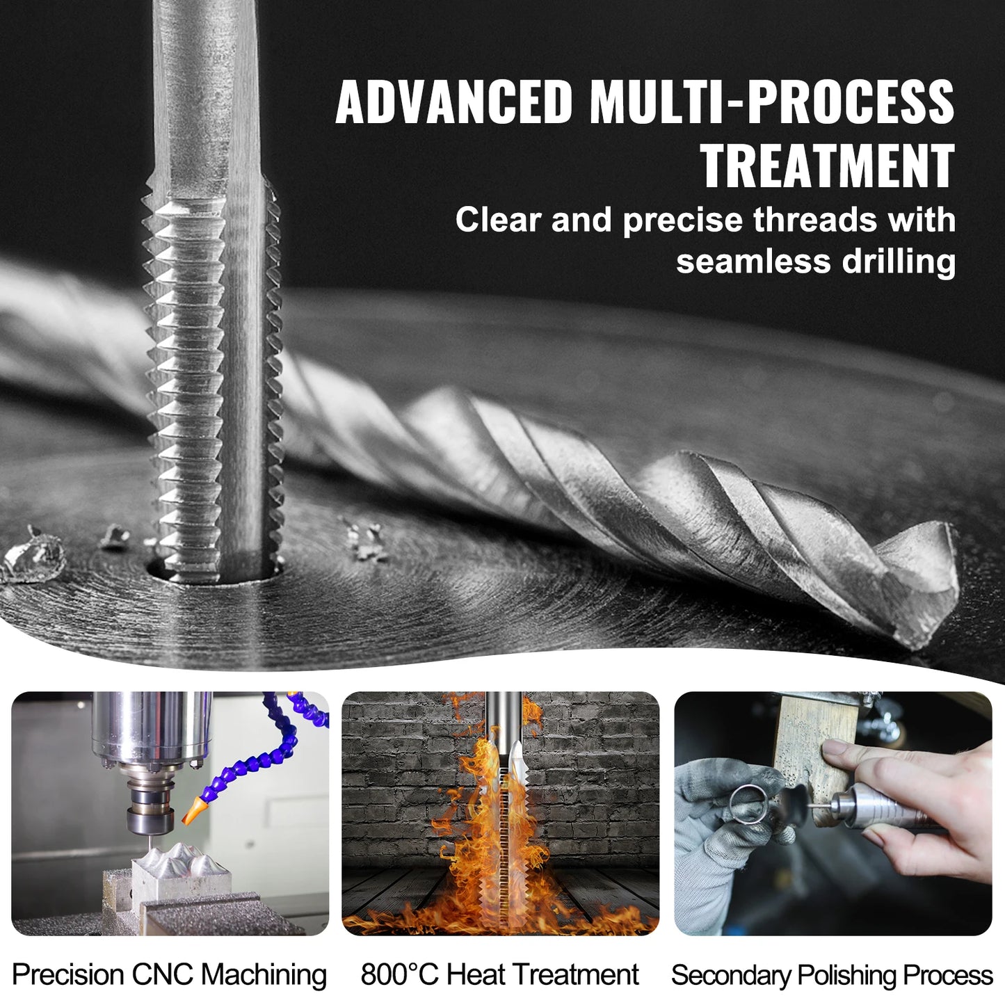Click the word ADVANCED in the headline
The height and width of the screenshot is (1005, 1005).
coord(453,102)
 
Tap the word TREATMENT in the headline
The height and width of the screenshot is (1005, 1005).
coord(827,166)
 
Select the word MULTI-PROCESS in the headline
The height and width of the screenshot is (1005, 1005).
coord(772,102)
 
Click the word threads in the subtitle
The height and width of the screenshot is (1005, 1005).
coord(815,220)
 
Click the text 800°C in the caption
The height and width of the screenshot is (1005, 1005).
coord(399,975)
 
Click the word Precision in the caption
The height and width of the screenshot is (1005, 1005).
coord(67,975)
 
